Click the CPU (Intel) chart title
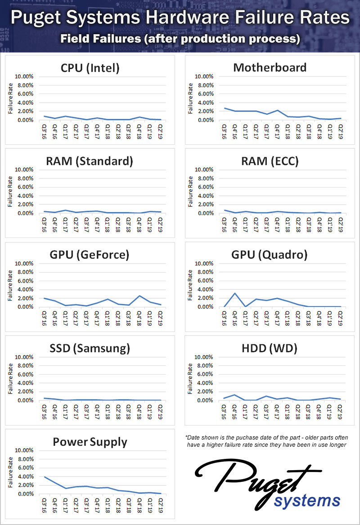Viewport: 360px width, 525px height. point(90,68)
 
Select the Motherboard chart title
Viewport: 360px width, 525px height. point(270,67)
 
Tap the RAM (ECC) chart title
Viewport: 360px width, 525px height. point(270,162)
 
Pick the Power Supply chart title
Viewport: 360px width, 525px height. point(90,442)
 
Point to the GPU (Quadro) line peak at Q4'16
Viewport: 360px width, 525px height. point(234,293)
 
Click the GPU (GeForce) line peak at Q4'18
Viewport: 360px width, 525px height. point(139,296)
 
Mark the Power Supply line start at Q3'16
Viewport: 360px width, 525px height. point(44,476)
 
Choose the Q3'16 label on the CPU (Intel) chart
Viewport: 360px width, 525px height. point(45,131)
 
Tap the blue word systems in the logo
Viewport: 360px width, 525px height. point(308,500)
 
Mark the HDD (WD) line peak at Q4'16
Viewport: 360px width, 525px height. point(234,395)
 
